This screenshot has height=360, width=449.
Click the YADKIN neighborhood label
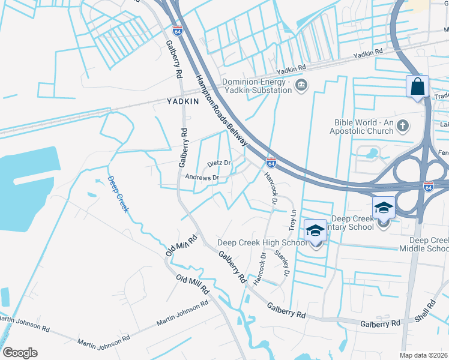183,102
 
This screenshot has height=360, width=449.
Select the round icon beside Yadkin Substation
301,87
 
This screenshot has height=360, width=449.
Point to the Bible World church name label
364,127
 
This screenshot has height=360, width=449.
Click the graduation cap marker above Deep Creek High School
315,230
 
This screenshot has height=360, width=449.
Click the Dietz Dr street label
219,163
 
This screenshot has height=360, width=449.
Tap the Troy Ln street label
293,220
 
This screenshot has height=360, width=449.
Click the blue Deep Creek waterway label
118,193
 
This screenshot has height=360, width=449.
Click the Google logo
20,353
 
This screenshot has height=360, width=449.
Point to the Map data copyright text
424,355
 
